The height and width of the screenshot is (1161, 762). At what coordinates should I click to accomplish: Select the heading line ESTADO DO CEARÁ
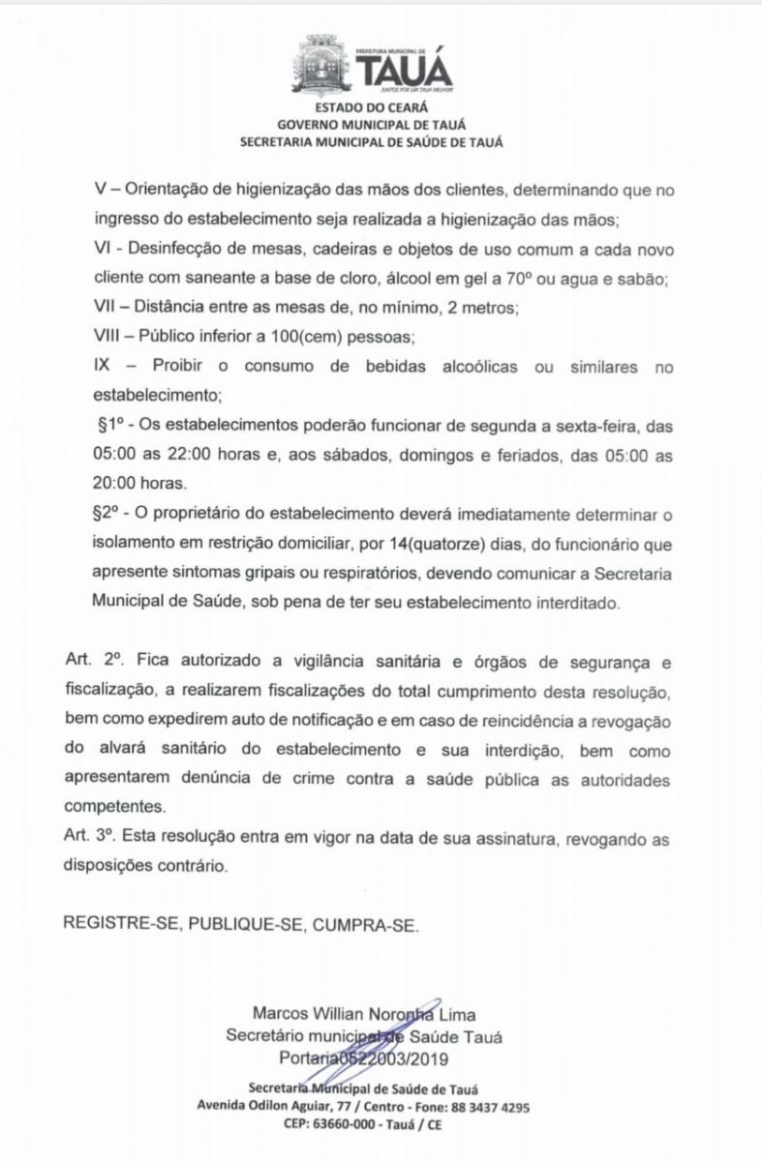380,109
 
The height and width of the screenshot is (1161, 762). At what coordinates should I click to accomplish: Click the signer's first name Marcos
282,1015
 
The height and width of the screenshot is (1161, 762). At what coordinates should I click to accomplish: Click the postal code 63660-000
366,1125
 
